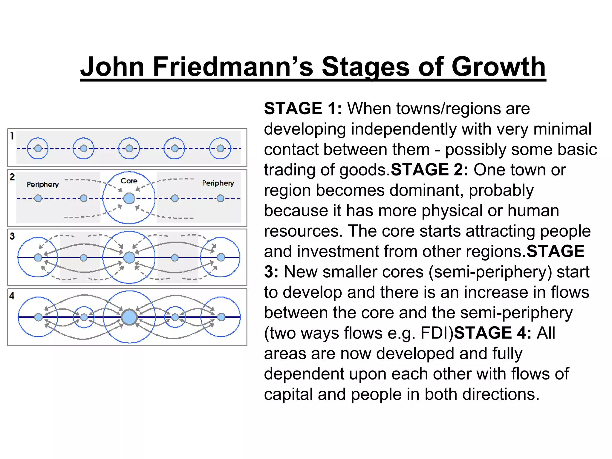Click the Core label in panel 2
[x=129, y=181]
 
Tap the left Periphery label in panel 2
[x=43, y=184]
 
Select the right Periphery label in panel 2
[x=218, y=183]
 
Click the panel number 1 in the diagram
[x=12, y=136]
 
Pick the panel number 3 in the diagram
[x=12, y=236]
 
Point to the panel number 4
[x=12, y=296]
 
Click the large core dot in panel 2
[x=129, y=198]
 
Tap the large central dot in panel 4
[x=129, y=317]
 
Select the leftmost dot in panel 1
[x=38, y=148]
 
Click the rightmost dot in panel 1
[x=220, y=148]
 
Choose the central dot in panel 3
[x=129, y=257]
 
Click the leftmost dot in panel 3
[x=38, y=257]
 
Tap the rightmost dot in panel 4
[x=221, y=317]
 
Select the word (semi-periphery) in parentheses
[x=490, y=272]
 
